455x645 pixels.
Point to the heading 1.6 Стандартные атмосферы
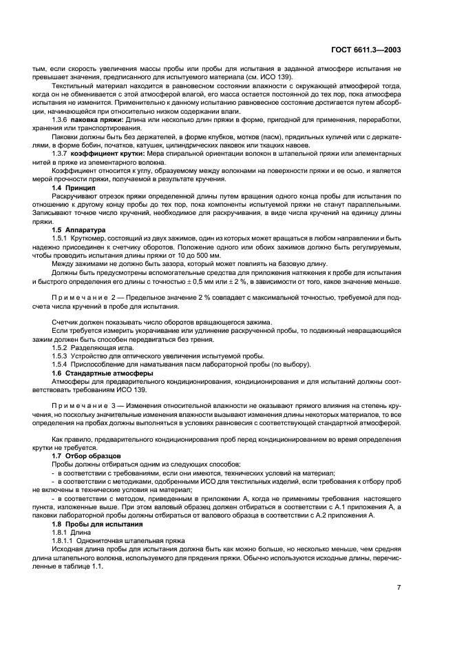pos(100,372)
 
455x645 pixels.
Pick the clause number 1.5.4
pos(61,363)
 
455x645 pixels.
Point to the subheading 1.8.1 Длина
pos(71,533)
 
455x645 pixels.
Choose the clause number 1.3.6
pos(60,120)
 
